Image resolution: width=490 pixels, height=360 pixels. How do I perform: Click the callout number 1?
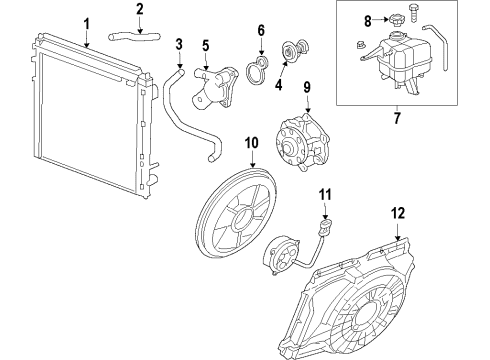86,23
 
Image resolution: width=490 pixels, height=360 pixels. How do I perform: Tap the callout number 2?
140,10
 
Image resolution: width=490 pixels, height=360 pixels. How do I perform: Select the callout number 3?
179,44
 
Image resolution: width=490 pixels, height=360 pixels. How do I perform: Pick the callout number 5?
205,45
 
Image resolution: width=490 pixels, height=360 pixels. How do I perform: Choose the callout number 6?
261,31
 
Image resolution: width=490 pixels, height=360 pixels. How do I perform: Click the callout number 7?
406,119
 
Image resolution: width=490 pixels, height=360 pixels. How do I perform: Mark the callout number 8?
367,19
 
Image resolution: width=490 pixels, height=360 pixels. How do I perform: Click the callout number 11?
323,192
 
